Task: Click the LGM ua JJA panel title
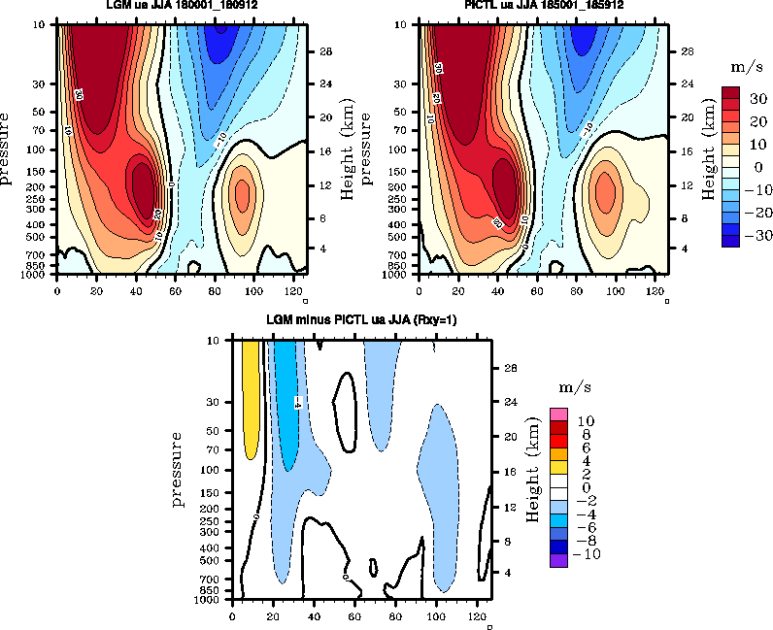coord(182,5)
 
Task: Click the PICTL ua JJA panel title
coord(544,5)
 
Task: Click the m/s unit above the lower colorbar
coord(569,387)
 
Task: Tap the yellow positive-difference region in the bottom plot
coord(251,398)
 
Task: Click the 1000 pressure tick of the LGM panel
coord(42,275)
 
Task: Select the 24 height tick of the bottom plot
coord(508,401)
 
